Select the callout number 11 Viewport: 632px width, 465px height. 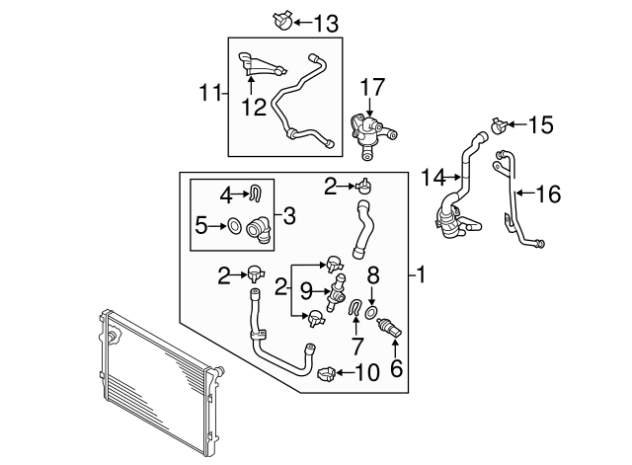tap(208, 95)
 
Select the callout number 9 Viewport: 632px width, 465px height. tap(306, 291)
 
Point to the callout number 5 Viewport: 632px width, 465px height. tap(200, 226)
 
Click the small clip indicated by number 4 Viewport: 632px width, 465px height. tap(255, 192)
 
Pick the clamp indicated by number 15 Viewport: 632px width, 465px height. tap(499, 125)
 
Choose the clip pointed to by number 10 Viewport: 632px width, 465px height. tap(326, 372)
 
